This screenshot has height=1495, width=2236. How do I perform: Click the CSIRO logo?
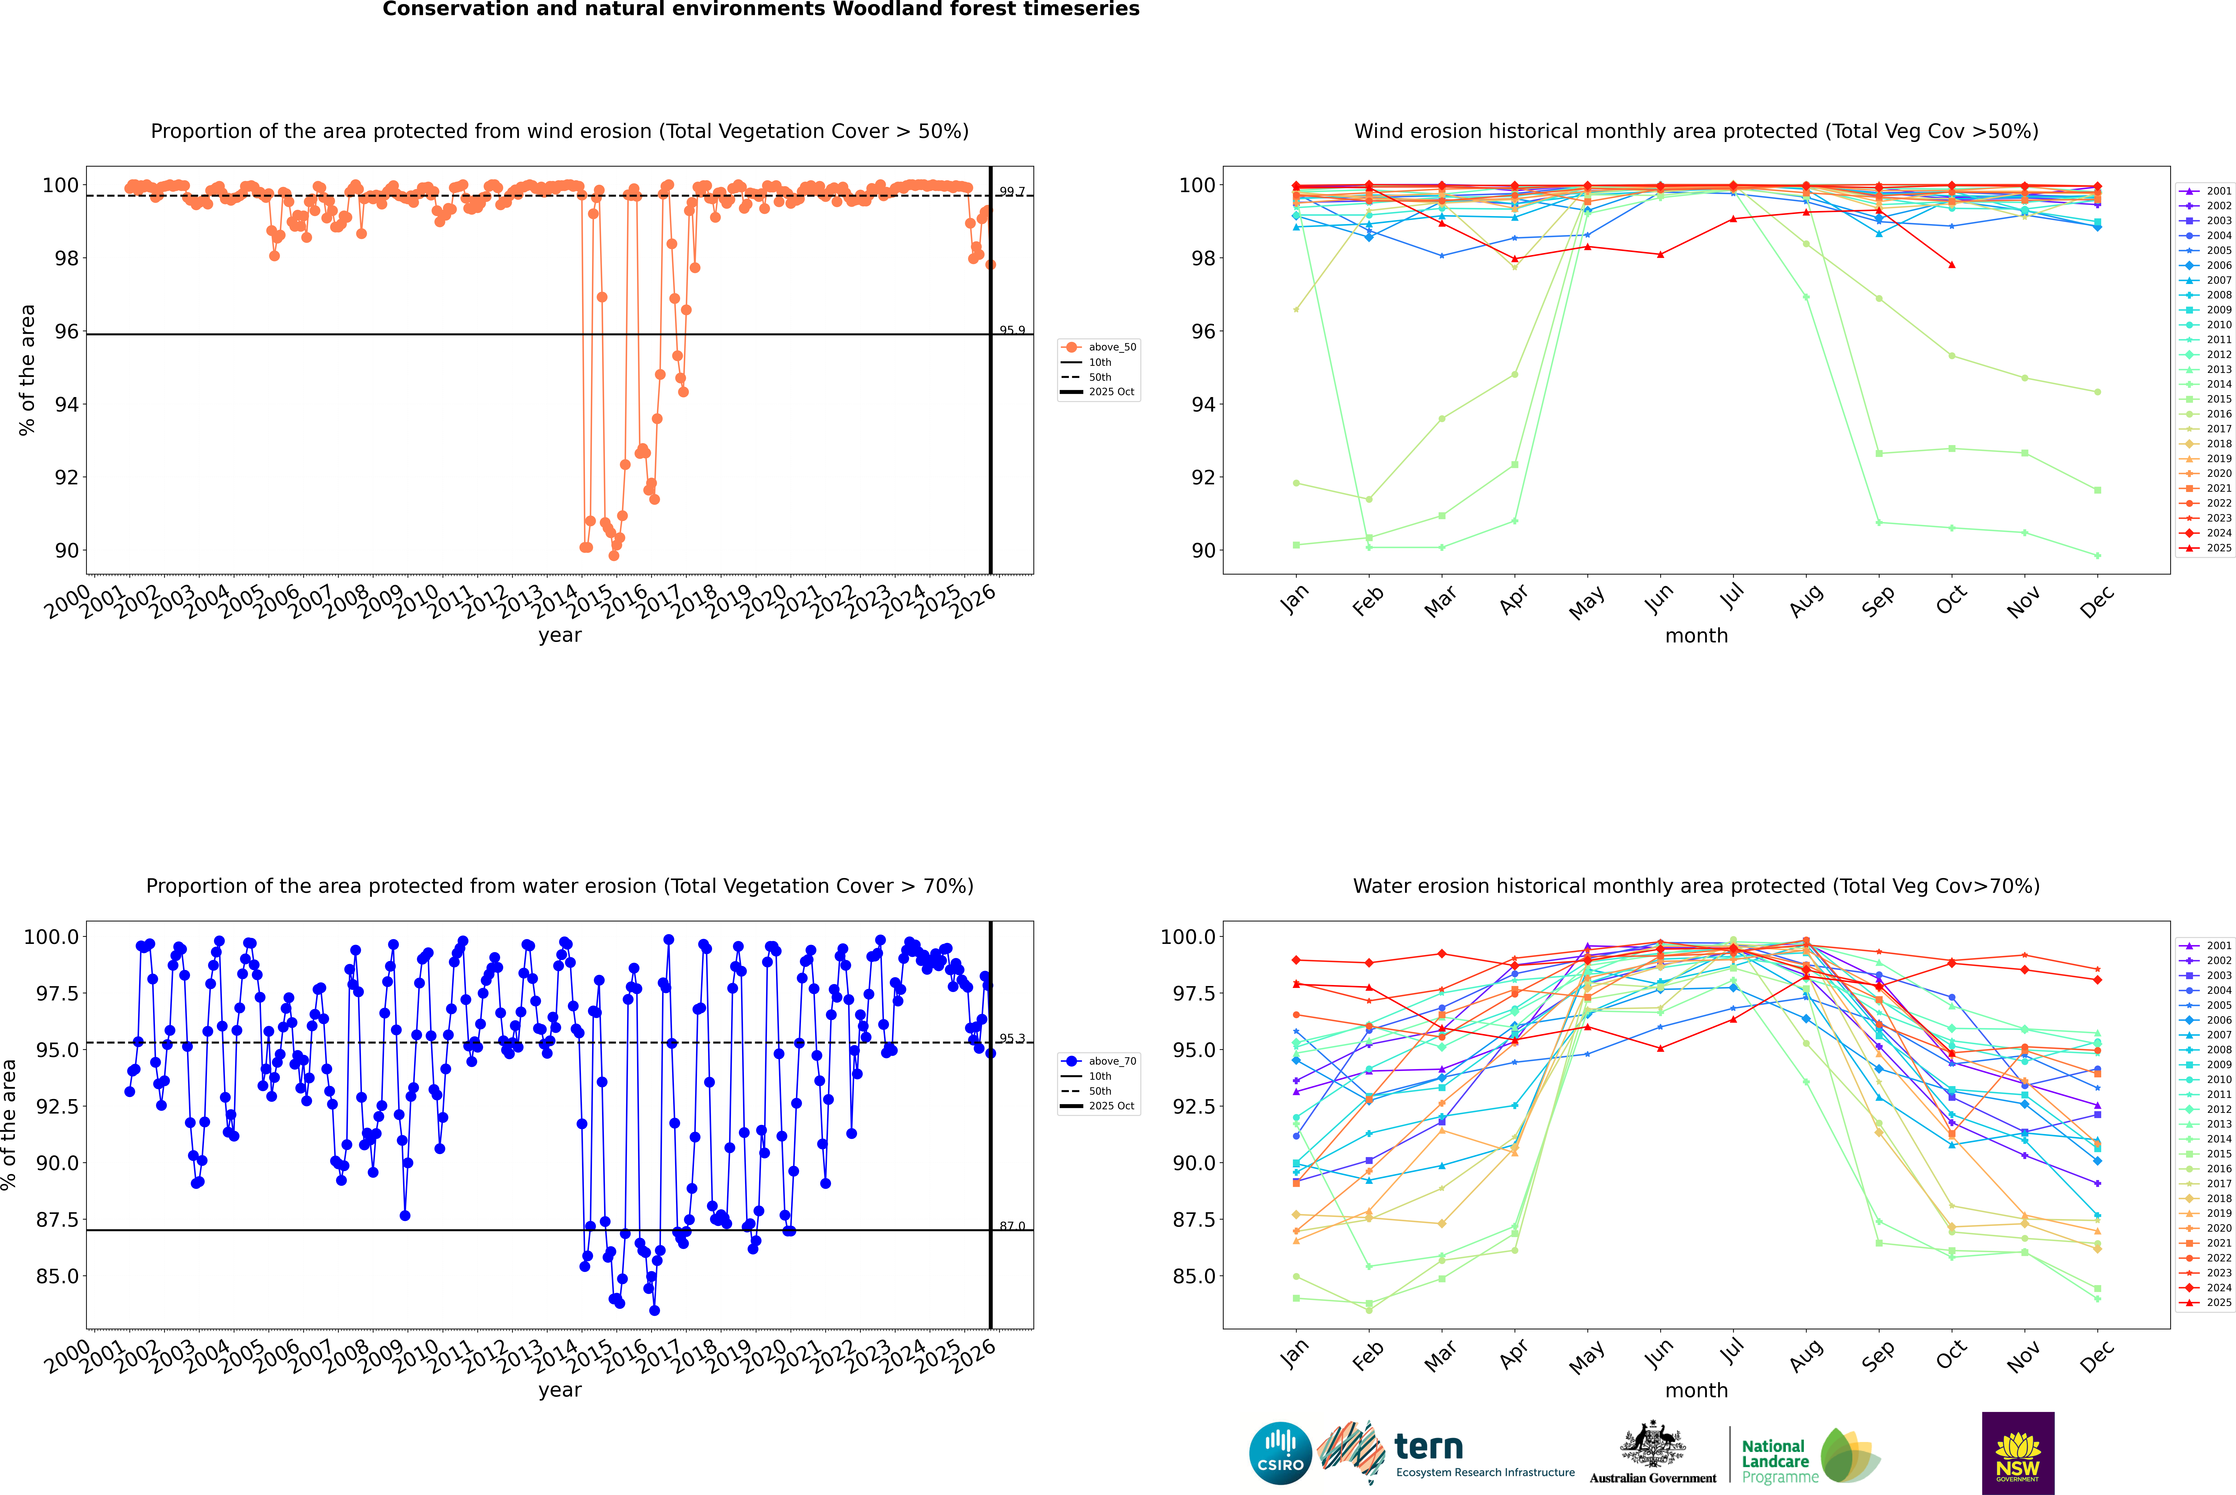(1280, 1453)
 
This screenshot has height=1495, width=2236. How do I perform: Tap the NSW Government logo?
(2018, 1453)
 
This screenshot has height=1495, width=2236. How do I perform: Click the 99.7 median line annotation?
(1011, 192)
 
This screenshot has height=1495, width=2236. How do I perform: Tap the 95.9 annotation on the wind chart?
(1011, 331)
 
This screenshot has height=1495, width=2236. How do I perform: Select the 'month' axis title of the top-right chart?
(1696, 636)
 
